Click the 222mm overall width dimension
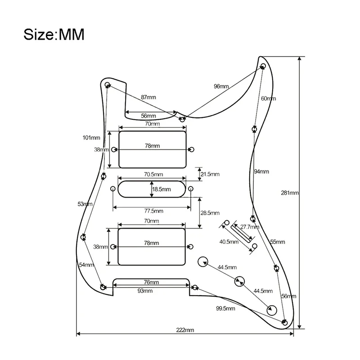pyautogui.click(x=185, y=330)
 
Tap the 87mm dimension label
pyautogui.click(x=148, y=97)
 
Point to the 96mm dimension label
pyautogui.click(x=221, y=86)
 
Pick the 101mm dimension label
pyautogui.click(x=91, y=137)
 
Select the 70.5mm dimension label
pyautogui.click(x=153, y=174)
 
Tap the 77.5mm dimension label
pyautogui.click(x=153, y=211)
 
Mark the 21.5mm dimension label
pyautogui.click(x=210, y=174)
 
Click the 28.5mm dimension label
pyautogui.click(x=210, y=212)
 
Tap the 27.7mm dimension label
pyautogui.click(x=250, y=227)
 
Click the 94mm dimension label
pyautogui.click(x=261, y=171)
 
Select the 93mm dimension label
pyautogui.click(x=145, y=291)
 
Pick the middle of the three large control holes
pyautogui.click(x=238, y=282)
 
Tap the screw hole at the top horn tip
pyautogui.click(x=263, y=66)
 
